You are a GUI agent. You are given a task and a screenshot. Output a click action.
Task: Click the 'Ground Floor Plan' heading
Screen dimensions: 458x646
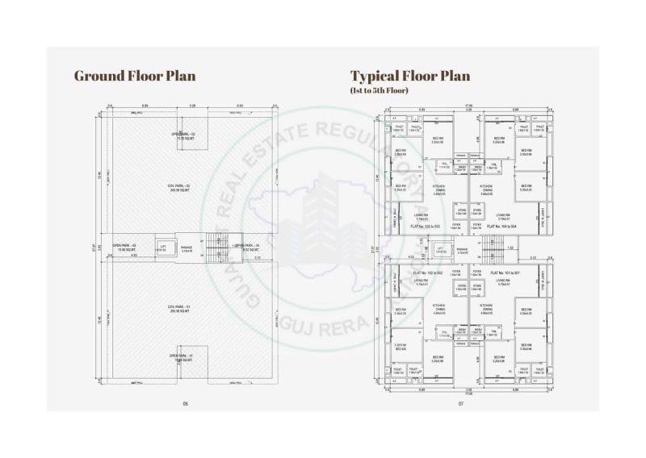click(x=135, y=77)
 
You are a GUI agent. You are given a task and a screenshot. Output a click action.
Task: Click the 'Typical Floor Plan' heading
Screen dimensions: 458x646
click(x=409, y=77)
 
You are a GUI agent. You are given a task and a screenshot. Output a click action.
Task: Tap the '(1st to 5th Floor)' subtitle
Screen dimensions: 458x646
click(x=380, y=90)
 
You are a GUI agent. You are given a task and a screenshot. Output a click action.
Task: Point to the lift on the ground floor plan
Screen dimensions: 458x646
click(x=163, y=248)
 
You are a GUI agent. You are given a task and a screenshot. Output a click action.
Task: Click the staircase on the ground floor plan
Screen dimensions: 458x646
click(x=215, y=248)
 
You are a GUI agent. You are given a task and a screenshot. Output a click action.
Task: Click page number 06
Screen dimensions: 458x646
click(x=185, y=403)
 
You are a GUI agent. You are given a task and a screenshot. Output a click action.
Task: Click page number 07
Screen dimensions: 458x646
click(x=461, y=403)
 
